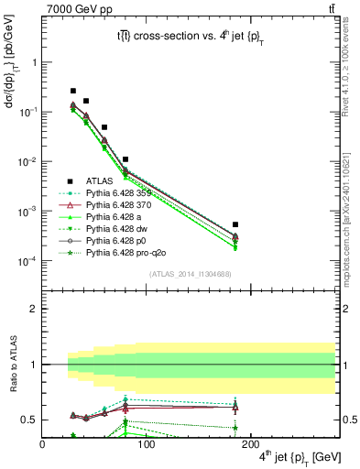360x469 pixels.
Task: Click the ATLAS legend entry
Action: pyautogui.click(x=99, y=181)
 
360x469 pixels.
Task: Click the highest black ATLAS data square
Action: pyautogui.click(x=73, y=91)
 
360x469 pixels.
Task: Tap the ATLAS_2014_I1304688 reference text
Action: pyautogui.click(x=190, y=274)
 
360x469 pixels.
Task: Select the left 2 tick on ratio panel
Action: pyautogui.click(x=33, y=309)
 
